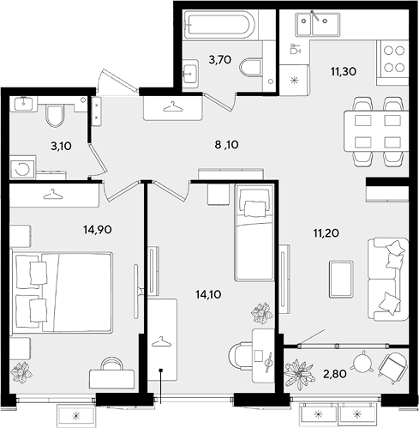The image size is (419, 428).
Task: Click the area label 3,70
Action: point(220,60)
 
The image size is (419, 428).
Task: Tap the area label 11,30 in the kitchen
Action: point(344,71)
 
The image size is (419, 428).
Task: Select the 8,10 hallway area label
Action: point(226,145)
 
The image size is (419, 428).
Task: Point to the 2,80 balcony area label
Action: point(335,373)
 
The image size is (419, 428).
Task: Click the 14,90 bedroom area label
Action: point(98,229)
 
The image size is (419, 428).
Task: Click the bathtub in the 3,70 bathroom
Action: point(219,25)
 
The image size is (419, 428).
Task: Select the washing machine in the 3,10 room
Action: point(22,169)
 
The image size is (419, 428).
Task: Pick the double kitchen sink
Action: point(317,24)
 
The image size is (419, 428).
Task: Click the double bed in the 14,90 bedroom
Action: point(62,292)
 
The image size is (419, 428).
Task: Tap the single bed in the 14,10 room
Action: point(254,232)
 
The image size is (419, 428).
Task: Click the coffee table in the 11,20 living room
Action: point(341,280)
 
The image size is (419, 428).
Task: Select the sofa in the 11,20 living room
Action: point(387,279)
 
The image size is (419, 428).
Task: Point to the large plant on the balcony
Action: point(299,374)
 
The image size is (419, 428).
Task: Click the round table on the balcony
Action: point(362,362)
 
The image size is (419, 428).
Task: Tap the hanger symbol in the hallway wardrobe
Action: point(172,106)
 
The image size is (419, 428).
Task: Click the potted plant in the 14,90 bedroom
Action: point(21,372)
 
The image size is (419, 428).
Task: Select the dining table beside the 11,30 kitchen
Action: point(376,131)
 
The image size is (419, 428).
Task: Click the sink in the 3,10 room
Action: point(23,103)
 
